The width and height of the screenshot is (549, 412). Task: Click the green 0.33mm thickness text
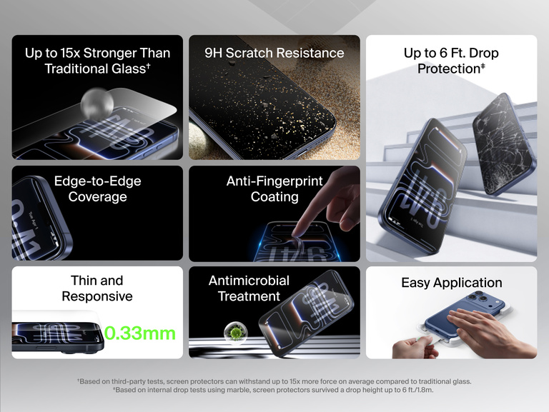(x=140, y=333)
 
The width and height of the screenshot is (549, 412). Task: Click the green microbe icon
(x=232, y=331)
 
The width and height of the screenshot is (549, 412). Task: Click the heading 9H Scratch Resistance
(x=274, y=53)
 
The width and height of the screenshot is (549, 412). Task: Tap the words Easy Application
(x=451, y=283)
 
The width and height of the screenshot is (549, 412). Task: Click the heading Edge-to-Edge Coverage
(x=97, y=189)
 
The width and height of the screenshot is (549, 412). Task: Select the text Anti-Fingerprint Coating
(x=274, y=189)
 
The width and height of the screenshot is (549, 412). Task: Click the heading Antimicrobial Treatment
(x=249, y=288)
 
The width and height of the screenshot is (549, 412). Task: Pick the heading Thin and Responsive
(x=97, y=288)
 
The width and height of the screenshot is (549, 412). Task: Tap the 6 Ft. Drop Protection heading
(x=451, y=61)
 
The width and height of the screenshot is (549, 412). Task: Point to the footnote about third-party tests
(x=274, y=381)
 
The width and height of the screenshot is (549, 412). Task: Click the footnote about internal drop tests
(x=274, y=390)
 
